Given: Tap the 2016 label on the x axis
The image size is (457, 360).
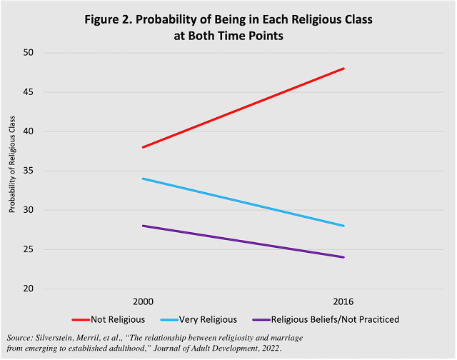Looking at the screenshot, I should [x=344, y=302].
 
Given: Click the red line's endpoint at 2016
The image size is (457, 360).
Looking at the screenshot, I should [x=344, y=69].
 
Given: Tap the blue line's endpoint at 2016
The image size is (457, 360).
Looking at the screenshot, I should [x=344, y=226].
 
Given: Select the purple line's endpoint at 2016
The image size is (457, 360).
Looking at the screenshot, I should [x=344, y=257].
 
